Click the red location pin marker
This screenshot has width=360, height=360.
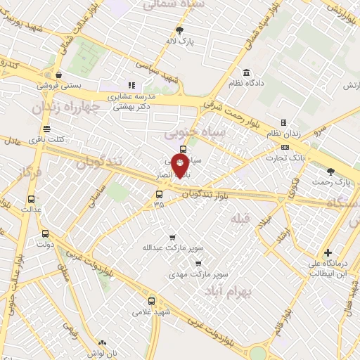(180, 166)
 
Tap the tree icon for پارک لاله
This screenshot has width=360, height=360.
(179, 30)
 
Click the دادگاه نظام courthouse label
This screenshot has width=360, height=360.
(247, 84)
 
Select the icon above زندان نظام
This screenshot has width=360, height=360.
(283, 122)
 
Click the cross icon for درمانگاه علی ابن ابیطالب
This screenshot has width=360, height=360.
(328, 252)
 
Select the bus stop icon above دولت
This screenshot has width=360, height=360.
(46, 234)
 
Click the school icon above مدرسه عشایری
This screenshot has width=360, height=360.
(131, 85)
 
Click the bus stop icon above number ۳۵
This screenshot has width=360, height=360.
(159, 194)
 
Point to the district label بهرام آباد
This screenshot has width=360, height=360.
(228, 290)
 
